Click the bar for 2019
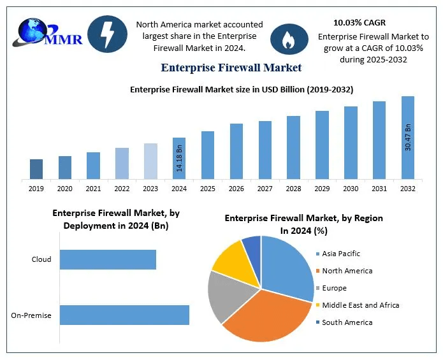(36, 169)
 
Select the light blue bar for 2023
(150, 161)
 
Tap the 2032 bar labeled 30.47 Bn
(407, 138)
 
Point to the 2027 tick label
(265, 188)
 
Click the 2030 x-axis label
(351, 188)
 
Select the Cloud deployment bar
(108, 259)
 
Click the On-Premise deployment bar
(124, 315)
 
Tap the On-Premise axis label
(31, 315)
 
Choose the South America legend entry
(346, 322)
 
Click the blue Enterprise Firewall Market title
(231, 68)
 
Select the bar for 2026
(236, 151)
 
